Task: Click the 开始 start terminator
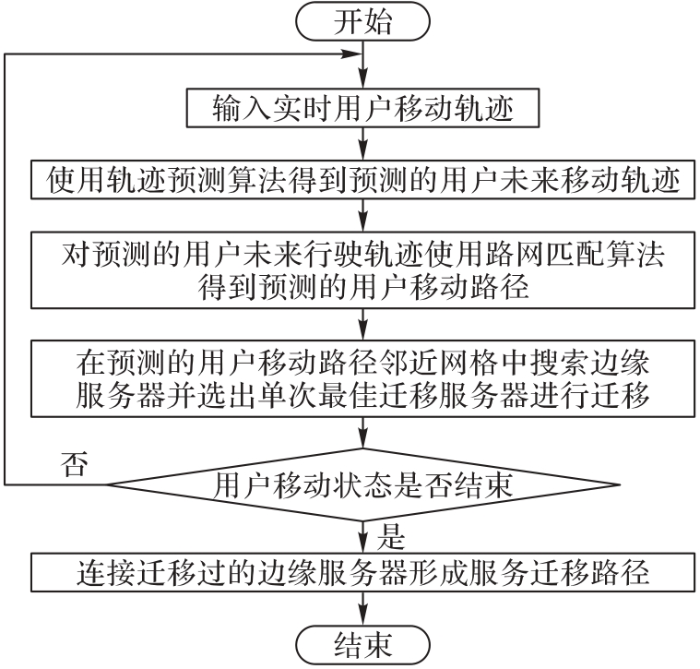(362, 21)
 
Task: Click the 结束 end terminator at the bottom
(362, 645)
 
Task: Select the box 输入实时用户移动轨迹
(362, 108)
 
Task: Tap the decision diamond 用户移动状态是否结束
(363, 484)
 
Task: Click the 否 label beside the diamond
(75, 464)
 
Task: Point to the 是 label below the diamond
(391, 536)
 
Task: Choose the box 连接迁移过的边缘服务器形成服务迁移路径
(362, 572)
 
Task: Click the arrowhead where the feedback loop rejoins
(352, 54)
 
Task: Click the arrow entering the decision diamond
(363, 433)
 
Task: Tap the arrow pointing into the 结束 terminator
(363, 609)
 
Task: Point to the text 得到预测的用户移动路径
(363, 287)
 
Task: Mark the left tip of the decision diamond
(107, 484)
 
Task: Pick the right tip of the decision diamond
(620, 484)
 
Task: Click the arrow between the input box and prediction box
(363, 144)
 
